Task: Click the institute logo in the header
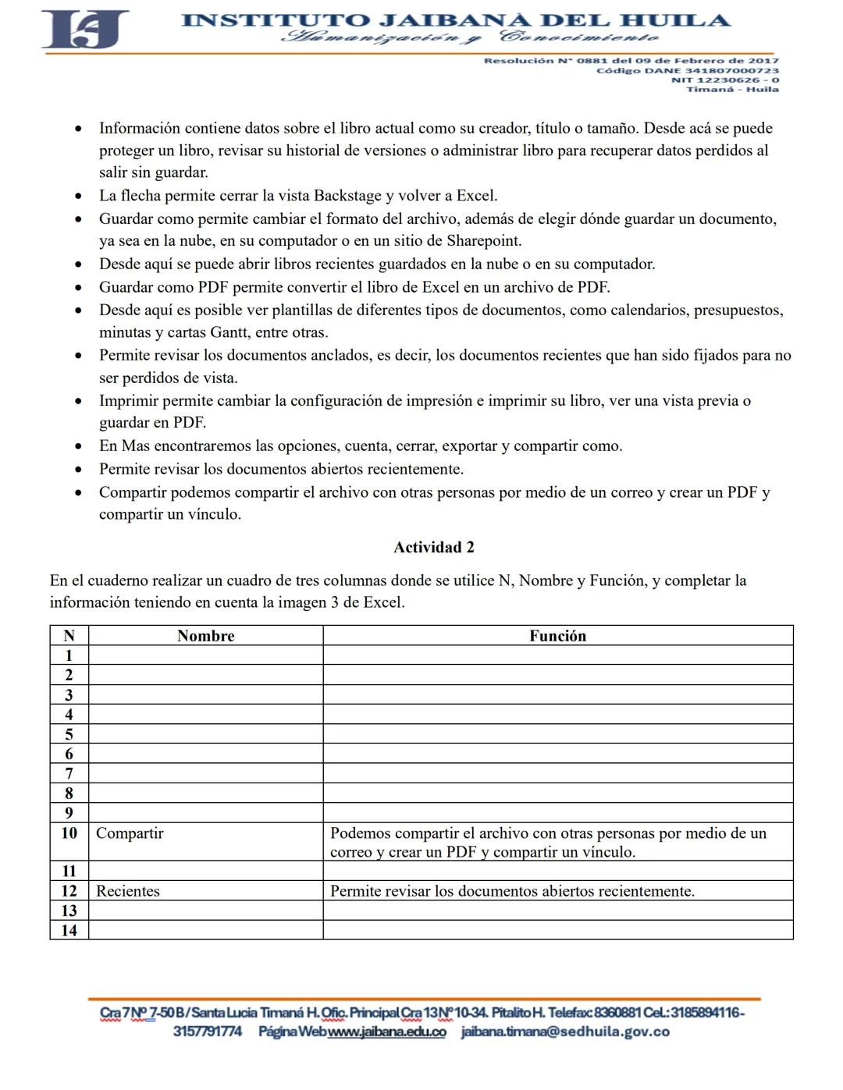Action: pyautogui.click(x=85, y=30)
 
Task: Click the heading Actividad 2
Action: pyautogui.click(x=433, y=547)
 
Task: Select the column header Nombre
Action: pyautogui.click(x=205, y=636)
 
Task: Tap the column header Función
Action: pyautogui.click(x=557, y=636)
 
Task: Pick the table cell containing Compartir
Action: pyautogui.click(x=130, y=833)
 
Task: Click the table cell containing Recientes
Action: pyautogui.click(x=128, y=891)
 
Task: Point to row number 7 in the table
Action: pyautogui.click(x=69, y=773)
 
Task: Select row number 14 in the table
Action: pyautogui.click(x=69, y=930)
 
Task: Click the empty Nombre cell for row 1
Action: pyautogui.click(x=205, y=655)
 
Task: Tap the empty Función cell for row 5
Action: pyautogui.click(x=557, y=734)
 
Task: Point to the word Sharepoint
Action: pyautogui.click(x=483, y=240)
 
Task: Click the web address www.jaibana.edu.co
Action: pyautogui.click(x=387, y=1031)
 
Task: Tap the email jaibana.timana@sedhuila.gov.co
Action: pyautogui.click(x=565, y=1031)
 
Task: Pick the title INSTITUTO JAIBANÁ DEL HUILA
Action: pyautogui.click(x=456, y=20)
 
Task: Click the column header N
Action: pyautogui.click(x=69, y=636)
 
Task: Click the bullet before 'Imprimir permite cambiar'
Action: pyautogui.click(x=78, y=401)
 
